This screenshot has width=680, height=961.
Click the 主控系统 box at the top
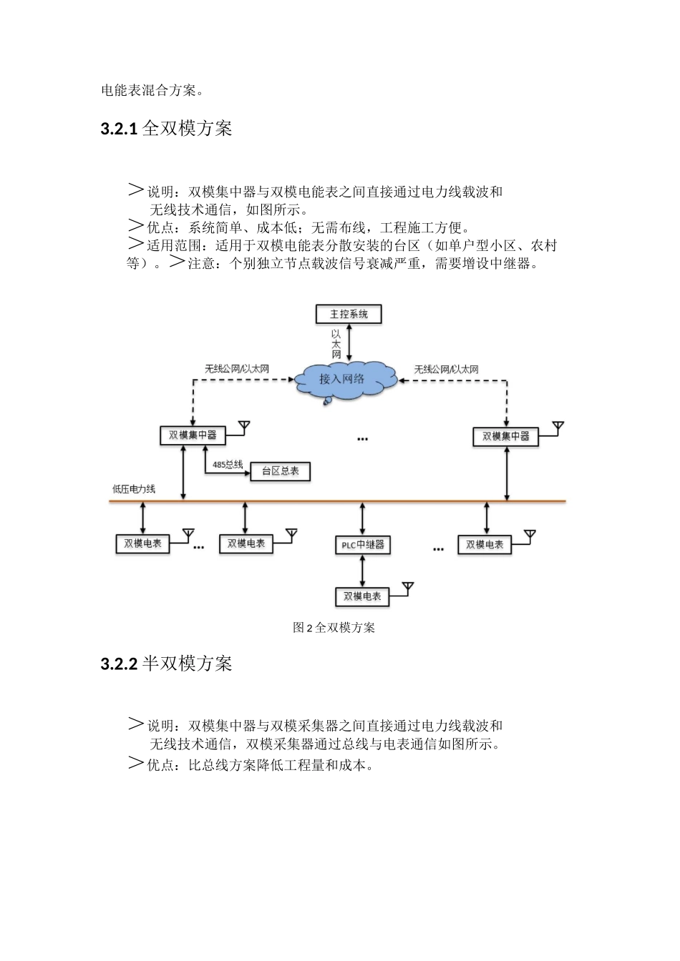point(349,314)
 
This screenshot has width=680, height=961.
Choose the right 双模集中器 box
point(505,436)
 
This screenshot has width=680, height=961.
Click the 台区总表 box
point(281,472)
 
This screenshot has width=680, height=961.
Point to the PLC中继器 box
point(362,545)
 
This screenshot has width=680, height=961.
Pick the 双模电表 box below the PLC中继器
point(362,596)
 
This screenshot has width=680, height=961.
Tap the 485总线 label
point(228,465)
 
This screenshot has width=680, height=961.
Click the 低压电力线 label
point(134,489)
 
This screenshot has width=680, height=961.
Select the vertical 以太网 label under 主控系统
point(336,344)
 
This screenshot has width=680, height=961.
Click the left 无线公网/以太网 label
point(237,369)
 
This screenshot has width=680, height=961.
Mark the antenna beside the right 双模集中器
point(558,428)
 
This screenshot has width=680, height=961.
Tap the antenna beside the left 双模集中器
point(244,427)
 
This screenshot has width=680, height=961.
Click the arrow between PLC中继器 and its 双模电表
point(362,571)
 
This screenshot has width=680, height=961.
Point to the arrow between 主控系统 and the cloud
point(349,342)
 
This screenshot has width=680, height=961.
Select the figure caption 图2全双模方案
point(334,628)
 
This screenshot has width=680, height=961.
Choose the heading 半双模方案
point(187,664)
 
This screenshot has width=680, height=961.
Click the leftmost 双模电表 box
point(143,543)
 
